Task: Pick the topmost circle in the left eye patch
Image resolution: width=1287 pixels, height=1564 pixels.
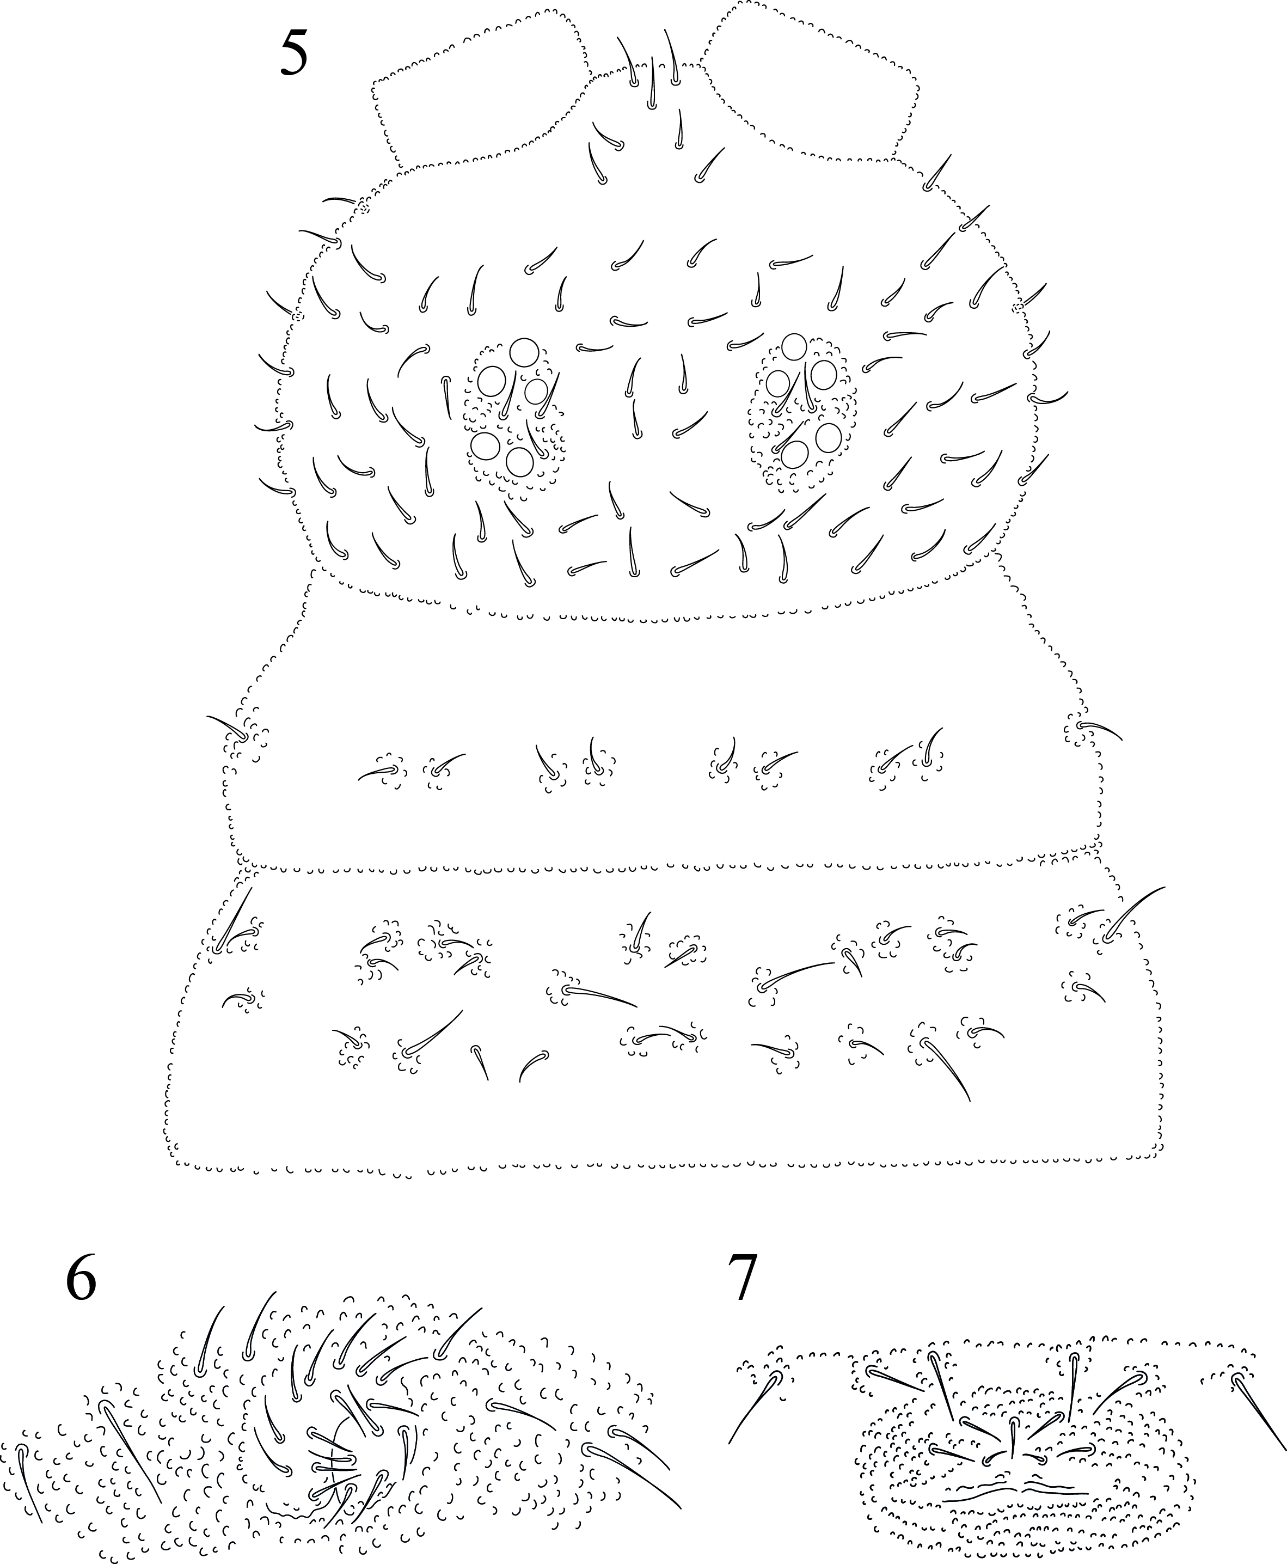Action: pyautogui.click(x=525, y=353)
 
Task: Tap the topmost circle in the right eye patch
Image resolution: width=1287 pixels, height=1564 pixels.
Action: pyautogui.click(x=794, y=346)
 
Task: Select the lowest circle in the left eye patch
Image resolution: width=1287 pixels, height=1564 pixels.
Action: pyautogui.click(x=520, y=462)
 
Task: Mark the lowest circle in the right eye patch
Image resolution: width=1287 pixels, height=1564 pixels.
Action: pyautogui.click(x=795, y=454)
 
